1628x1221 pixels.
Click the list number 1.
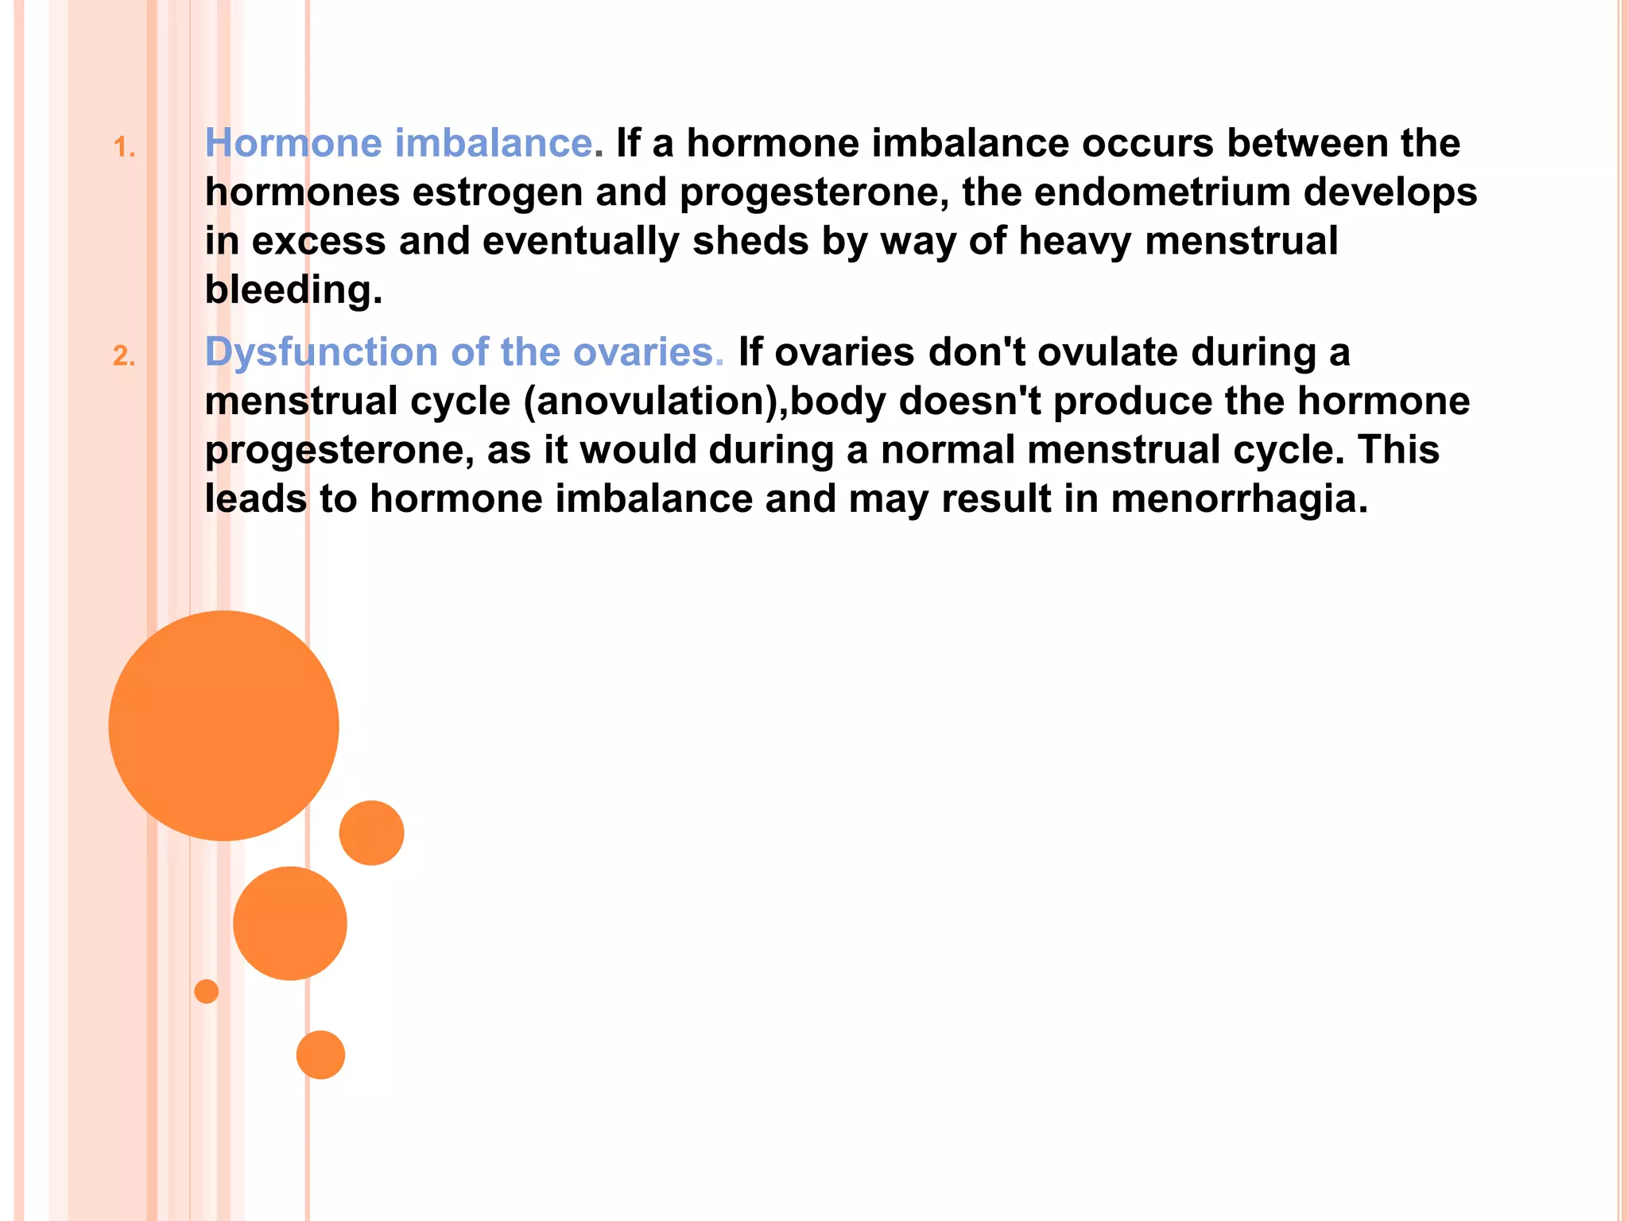tap(124, 148)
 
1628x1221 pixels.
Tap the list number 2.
tap(124, 356)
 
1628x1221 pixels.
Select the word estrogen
tap(498, 193)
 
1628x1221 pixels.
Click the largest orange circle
tap(223, 726)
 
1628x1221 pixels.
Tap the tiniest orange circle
tap(206, 991)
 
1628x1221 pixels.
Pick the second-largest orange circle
tap(290, 923)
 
